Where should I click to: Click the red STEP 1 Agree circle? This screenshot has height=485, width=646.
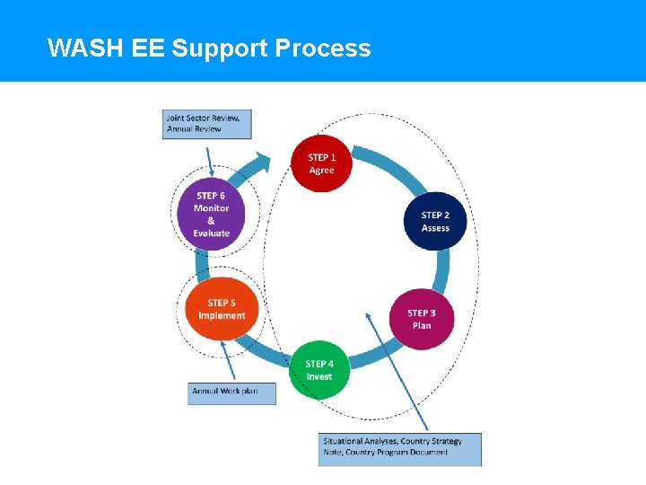pos(321,163)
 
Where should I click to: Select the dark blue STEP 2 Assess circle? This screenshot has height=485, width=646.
pos(435,221)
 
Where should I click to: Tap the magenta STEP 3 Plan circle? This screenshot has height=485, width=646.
pos(422,319)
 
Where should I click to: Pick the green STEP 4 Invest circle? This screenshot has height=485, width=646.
pos(319,370)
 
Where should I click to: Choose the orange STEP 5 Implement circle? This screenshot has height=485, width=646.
pos(222,309)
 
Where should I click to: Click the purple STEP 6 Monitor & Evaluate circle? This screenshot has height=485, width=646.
pos(212,214)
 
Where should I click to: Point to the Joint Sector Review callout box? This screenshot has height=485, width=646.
pos(207,124)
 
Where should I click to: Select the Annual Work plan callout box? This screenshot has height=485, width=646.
pos(231,392)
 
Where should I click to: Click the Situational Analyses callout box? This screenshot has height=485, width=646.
pos(400,448)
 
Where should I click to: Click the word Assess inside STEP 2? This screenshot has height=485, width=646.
pos(435,228)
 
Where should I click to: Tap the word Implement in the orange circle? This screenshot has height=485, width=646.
pos(222,316)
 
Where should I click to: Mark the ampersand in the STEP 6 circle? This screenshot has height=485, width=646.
pos(212,220)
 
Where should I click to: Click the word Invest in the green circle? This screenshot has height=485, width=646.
pos(319,377)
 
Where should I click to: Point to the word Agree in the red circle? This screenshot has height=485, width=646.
pos(321,171)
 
